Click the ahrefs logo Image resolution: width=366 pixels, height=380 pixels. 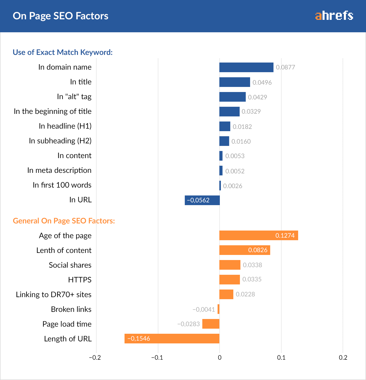click(334, 16)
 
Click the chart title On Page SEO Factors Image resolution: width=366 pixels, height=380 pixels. click(60, 16)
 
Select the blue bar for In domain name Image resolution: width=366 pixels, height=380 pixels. click(246, 67)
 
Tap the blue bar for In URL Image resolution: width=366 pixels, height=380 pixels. click(202, 200)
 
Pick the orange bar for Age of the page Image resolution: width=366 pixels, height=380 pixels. click(258, 235)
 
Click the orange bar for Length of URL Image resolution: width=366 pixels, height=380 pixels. click(172, 339)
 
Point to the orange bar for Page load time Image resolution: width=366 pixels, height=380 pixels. click(211, 324)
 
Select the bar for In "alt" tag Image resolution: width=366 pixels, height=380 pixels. click(233, 97)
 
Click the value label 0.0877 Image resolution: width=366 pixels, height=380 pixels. click(285, 67)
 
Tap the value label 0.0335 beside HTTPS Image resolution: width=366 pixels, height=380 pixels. click(252, 279)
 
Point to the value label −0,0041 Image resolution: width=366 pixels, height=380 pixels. click(204, 309)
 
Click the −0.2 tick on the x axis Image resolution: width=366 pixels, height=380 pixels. click(95, 358)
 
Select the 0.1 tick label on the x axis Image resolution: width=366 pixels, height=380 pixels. click(281, 358)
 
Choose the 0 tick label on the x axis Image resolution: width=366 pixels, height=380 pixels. click(220, 358)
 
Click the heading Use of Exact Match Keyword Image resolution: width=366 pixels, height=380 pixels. click(63, 52)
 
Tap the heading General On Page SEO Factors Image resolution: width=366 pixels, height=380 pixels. click(64, 221)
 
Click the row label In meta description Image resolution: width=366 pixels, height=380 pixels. click(59, 170)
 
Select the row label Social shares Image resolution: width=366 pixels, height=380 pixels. click(70, 265)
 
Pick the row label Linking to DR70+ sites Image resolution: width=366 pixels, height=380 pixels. click(54, 295)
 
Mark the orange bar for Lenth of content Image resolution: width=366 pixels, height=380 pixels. click(245, 250)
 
